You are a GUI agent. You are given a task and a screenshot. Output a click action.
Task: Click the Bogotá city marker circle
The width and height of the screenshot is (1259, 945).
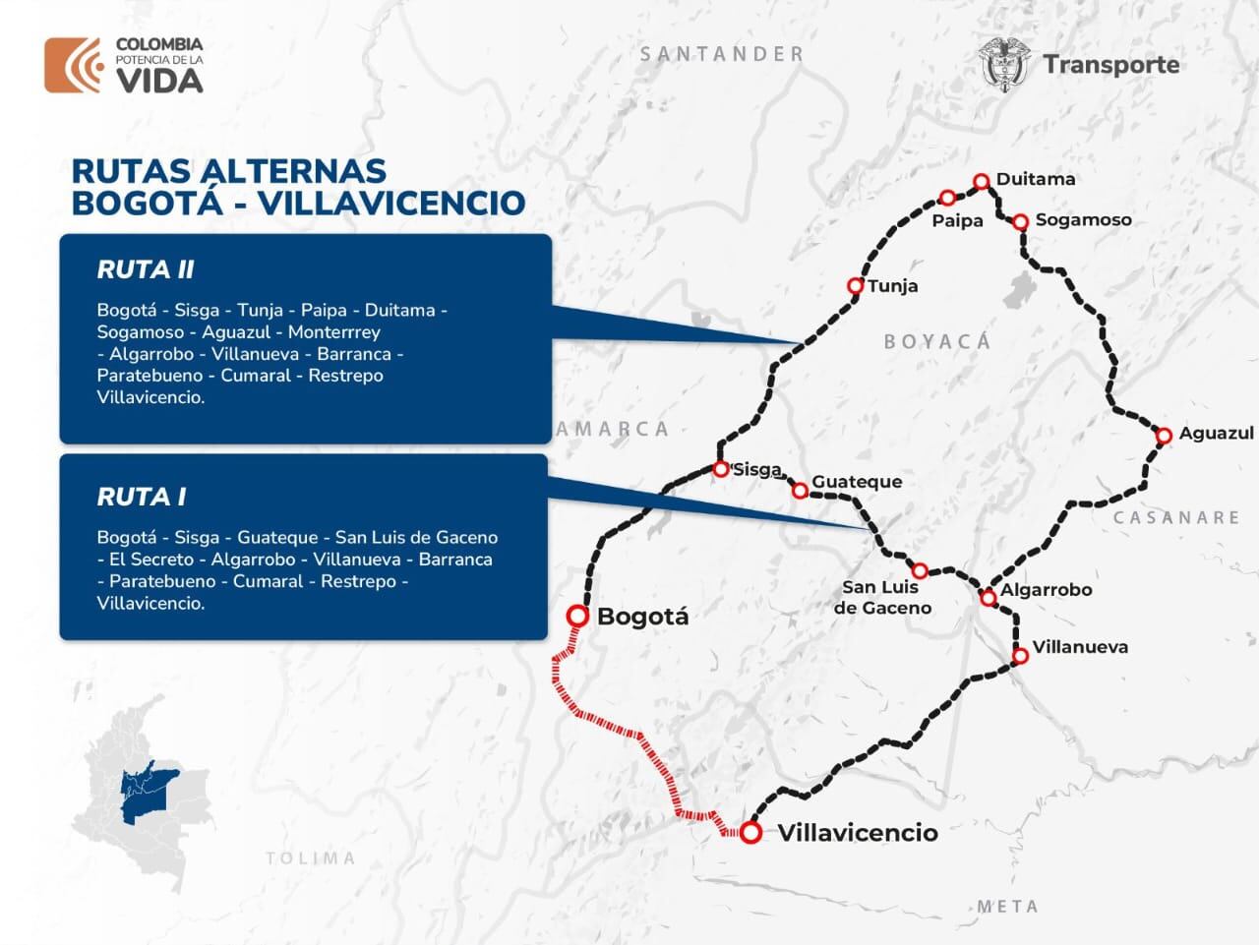578,616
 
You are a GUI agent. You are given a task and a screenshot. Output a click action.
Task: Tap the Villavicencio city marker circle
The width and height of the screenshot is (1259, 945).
751,833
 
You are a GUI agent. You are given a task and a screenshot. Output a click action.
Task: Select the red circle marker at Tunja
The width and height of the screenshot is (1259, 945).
856,286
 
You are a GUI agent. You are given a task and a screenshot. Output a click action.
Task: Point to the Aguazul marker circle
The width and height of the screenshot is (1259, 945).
1164,435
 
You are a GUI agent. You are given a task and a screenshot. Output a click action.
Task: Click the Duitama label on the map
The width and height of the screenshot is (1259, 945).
1035,179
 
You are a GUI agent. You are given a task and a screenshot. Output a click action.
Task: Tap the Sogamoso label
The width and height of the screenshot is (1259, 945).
1083,220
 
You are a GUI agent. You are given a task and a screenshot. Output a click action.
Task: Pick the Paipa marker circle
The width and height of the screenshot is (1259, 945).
947,198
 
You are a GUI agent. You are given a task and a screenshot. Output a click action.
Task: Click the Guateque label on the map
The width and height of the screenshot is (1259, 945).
856,482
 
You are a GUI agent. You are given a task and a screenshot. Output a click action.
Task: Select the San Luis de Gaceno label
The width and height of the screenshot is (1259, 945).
881,597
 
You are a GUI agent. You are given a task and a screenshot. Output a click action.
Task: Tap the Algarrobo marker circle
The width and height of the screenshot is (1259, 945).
989,598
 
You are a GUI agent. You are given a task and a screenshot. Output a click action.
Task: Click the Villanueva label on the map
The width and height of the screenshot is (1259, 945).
1079,647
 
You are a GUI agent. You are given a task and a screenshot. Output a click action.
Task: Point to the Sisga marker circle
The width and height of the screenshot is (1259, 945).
721,469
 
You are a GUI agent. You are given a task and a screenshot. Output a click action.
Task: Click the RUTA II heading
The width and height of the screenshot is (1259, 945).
146,269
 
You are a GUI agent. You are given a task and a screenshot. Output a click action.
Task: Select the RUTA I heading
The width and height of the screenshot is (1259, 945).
141,497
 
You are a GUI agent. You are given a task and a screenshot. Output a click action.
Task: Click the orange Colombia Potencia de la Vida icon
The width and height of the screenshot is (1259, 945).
73,66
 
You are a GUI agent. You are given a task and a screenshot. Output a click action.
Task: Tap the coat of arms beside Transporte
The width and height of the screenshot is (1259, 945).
1004,65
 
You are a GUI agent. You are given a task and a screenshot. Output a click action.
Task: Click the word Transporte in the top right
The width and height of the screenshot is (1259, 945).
1110,65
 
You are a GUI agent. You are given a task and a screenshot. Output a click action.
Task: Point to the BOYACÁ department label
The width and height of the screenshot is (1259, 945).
936,342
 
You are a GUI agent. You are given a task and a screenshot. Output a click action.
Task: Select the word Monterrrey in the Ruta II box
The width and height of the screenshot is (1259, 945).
333,332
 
